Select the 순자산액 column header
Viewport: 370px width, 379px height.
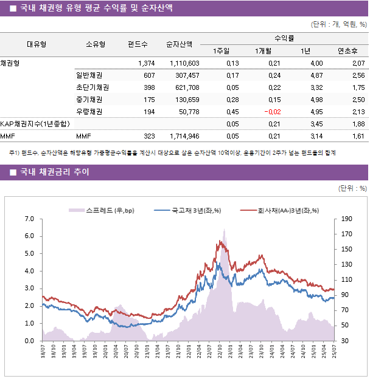(x=180, y=44)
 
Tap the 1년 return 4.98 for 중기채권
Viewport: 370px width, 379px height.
(x=316, y=100)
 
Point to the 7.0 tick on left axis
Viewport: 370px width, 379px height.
(x=29, y=219)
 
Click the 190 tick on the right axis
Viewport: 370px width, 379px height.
(x=347, y=219)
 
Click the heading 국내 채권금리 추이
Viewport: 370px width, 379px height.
(x=54, y=172)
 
